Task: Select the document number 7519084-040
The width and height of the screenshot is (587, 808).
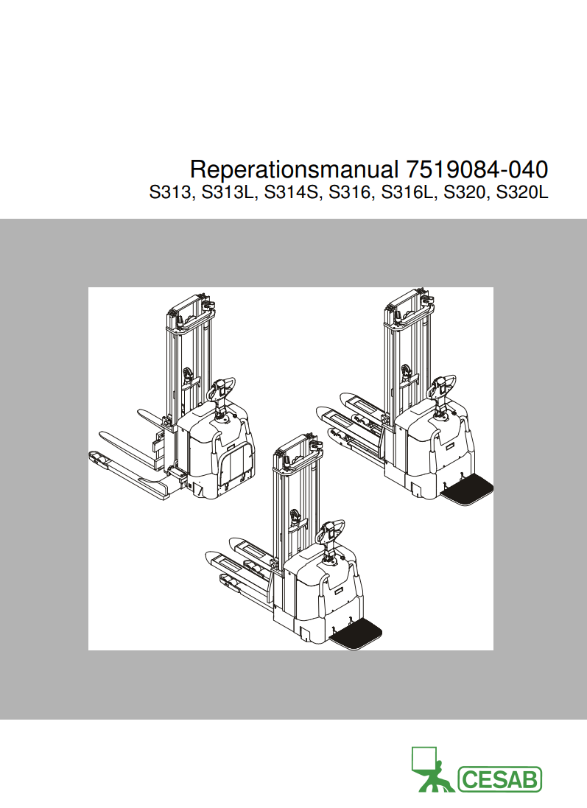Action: coord(477,169)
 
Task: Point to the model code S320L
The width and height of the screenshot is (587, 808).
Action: coord(522,194)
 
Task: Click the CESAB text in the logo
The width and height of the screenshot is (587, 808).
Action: coord(500,779)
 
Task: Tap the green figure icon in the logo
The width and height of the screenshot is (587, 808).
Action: coord(430,770)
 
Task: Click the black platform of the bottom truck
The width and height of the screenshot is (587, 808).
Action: coord(358,634)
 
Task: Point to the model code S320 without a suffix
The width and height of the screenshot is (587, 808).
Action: coord(465,194)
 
